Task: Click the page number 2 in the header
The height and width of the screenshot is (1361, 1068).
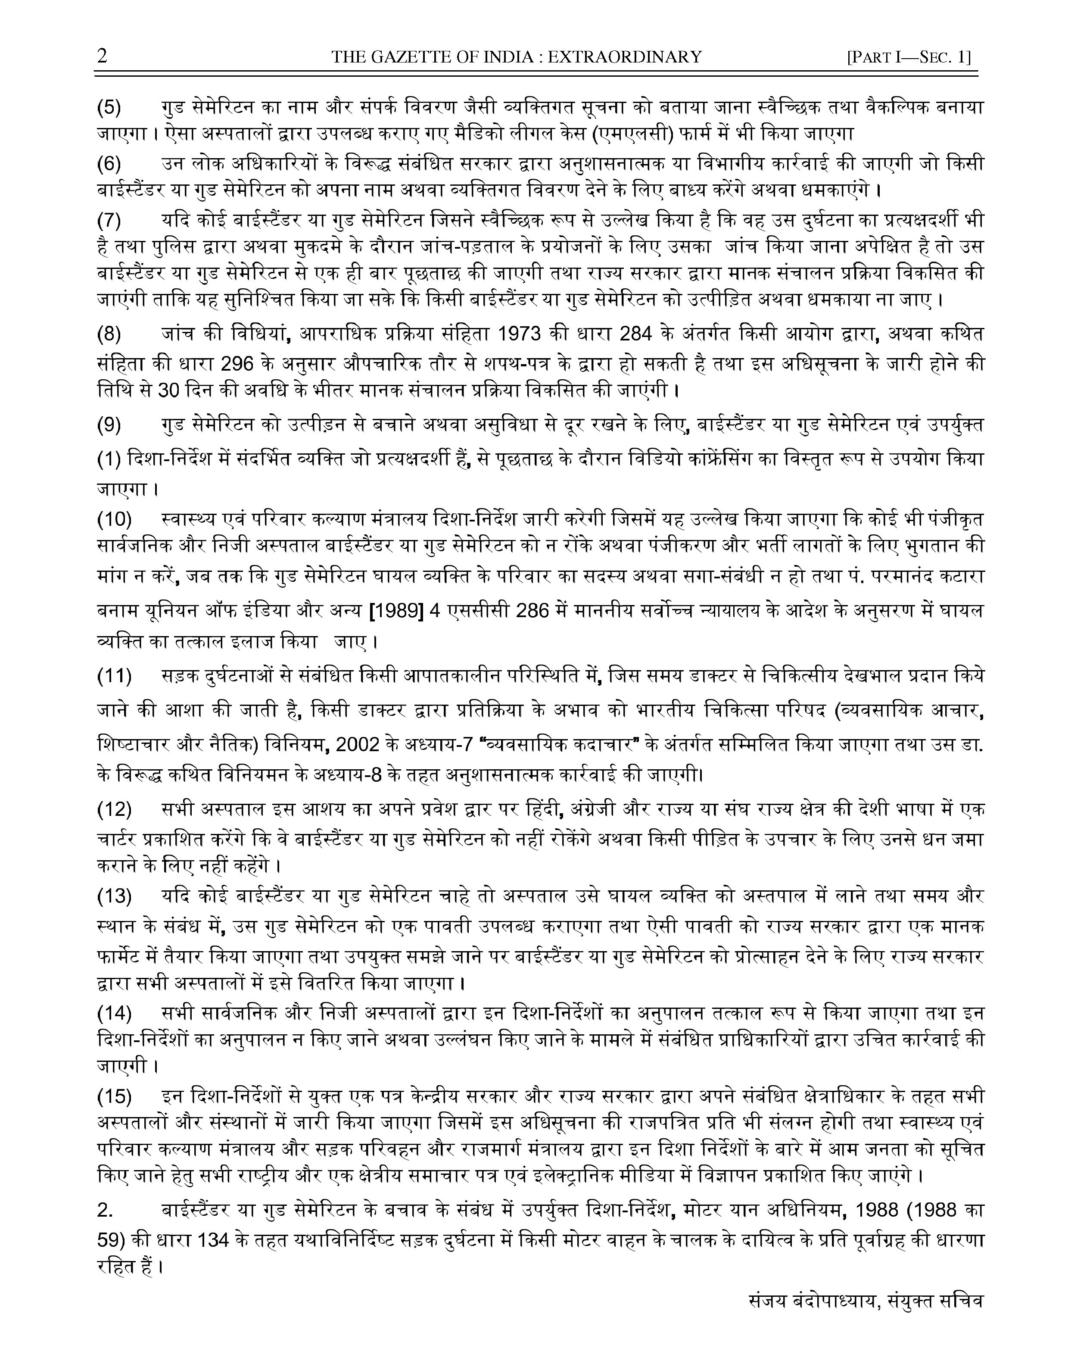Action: coord(102,56)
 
